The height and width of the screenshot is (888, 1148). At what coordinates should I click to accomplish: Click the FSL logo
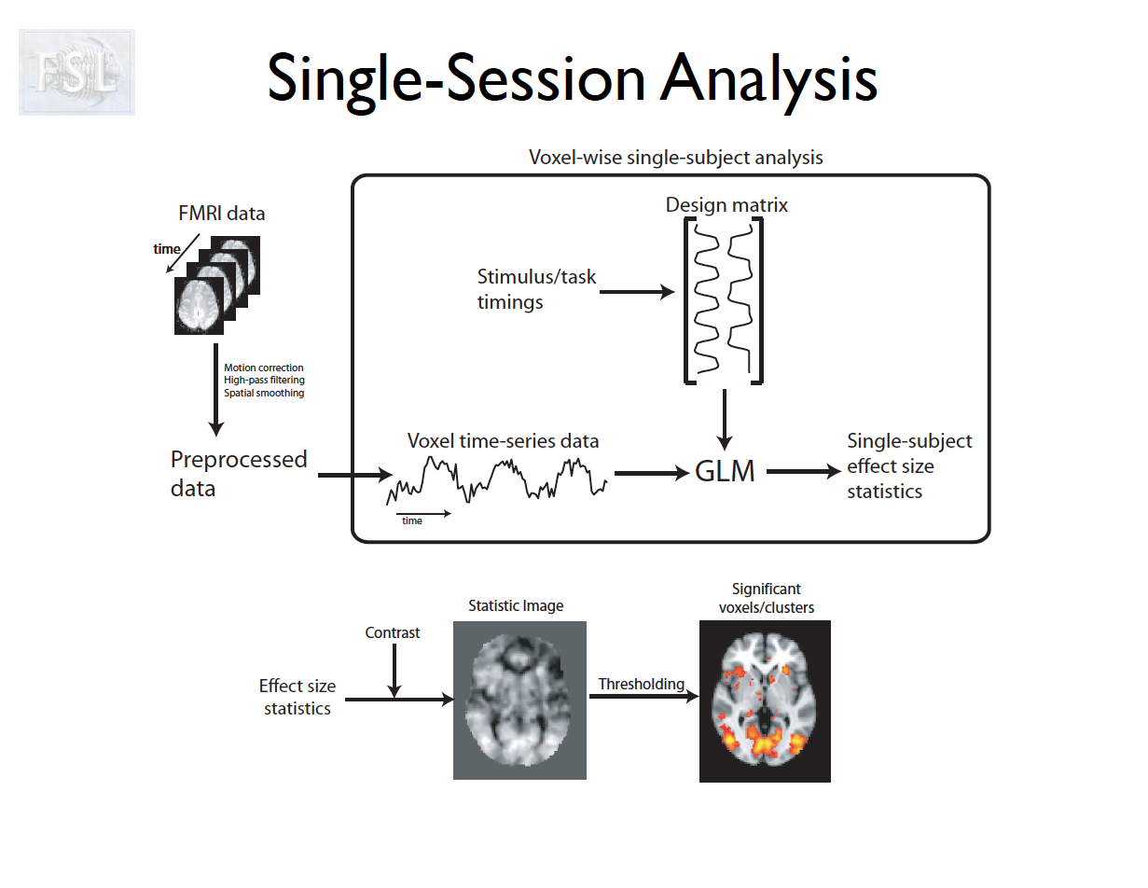76,73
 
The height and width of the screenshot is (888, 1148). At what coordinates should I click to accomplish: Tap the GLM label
725,472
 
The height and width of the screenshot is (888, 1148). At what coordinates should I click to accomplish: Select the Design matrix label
726,205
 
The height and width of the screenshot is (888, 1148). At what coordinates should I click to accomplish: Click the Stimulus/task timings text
536,289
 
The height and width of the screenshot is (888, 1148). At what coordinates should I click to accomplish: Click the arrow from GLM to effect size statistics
804,472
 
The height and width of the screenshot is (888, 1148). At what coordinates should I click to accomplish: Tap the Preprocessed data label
239,473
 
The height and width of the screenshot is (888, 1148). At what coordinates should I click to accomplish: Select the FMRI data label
221,214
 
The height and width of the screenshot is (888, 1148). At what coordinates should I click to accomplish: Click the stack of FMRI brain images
216,284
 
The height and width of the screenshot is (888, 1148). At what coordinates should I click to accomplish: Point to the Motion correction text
264,368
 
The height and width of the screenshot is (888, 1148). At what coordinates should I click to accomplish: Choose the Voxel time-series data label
503,441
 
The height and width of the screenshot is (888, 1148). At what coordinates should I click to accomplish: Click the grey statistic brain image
519,700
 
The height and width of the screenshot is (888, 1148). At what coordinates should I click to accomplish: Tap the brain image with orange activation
765,702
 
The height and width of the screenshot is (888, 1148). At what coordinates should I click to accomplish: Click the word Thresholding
641,684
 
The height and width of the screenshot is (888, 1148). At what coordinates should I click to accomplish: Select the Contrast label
392,632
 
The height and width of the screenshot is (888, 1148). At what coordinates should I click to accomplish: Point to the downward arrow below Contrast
394,671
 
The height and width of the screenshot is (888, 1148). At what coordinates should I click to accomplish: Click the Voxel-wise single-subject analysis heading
675,157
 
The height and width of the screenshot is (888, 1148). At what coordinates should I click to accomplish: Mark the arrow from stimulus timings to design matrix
637,293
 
